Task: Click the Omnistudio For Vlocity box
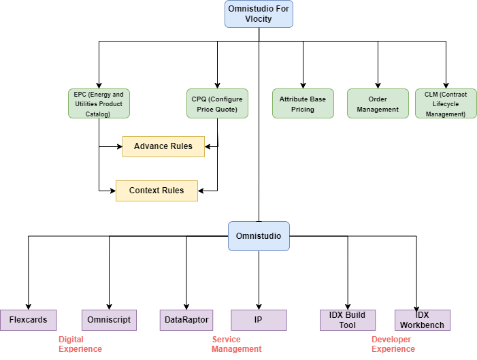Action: click(x=259, y=14)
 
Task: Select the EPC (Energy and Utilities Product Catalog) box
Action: click(x=99, y=104)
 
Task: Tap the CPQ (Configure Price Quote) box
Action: click(x=217, y=104)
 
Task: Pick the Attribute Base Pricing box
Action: click(x=303, y=104)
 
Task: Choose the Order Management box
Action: click(x=377, y=104)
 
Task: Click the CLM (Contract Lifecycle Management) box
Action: click(x=446, y=104)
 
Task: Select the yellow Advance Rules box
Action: click(x=163, y=146)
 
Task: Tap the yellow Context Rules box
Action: click(x=157, y=191)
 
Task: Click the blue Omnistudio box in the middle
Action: click(x=259, y=236)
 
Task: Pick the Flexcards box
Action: click(x=28, y=320)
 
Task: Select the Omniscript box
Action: click(x=109, y=320)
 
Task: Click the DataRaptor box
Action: click(x=186, y=320)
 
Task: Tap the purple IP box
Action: click(x=259, y=320)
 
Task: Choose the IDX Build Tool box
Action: click(x=348, y=320)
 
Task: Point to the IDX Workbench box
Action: click(x=423, y=320)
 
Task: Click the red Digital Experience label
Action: click(x=80, y=344)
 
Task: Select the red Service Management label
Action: click(x=236, y=344)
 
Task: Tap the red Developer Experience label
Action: click(x=393, y=344)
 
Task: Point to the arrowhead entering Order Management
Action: click(x=377, y=84)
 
